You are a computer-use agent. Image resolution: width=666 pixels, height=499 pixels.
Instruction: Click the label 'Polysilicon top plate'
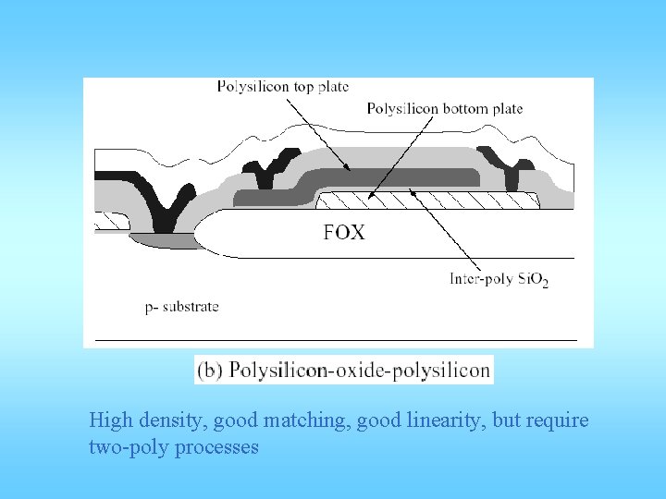283,87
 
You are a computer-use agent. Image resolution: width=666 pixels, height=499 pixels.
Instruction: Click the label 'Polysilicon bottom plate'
444,109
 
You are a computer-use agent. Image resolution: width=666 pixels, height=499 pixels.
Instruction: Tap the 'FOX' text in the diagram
344,233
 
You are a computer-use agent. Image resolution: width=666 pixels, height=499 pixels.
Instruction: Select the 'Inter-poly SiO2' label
499,278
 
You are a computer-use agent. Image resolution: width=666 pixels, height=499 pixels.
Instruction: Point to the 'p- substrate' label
182,306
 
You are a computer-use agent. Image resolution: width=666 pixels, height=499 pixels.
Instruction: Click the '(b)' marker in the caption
210,371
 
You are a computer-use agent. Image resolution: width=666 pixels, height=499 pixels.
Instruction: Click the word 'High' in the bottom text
107,421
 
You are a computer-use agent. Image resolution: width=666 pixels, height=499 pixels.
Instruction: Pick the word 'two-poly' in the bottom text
120,447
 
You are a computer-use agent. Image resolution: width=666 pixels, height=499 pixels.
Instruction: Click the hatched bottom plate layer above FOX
425,201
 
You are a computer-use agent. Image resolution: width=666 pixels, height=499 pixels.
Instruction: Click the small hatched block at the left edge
112,223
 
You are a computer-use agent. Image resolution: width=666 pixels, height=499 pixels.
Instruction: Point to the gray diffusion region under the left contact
163,241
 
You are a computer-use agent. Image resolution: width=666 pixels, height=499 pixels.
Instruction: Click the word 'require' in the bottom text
555,421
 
